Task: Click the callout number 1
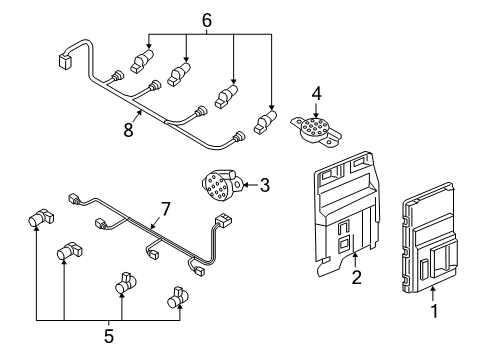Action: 434,311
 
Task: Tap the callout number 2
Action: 356,277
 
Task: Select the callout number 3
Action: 265,185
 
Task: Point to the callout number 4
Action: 317,94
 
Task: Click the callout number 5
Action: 109,336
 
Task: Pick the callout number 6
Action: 207,21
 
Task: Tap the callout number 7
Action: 165,209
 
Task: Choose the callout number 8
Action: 128,129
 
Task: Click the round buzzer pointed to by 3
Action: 222,185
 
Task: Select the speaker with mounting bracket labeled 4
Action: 316,130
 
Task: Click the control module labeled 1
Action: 430,238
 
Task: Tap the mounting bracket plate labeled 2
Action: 347,213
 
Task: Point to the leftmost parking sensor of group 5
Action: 40,218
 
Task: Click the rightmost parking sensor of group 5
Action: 178,297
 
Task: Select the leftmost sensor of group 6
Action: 142,60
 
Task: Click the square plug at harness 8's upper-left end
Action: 65,61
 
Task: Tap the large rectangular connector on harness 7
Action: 223,220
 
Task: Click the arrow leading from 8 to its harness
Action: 137,117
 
